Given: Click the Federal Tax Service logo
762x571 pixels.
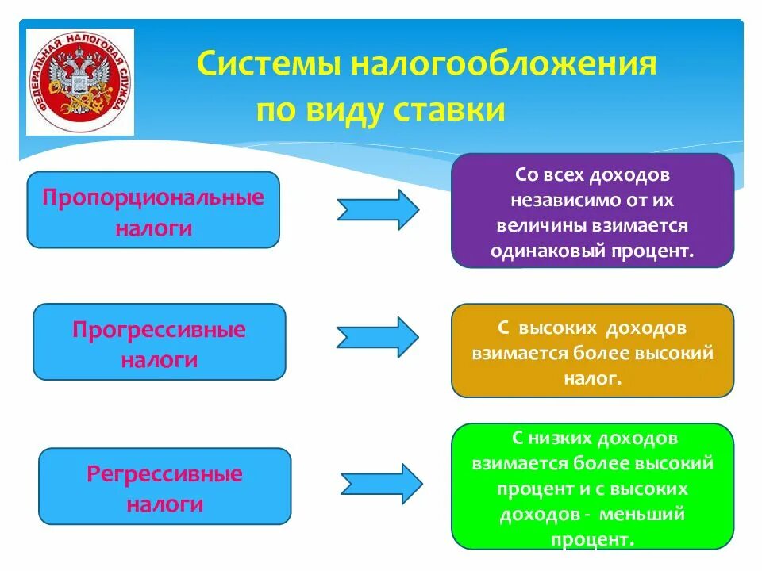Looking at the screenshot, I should tap(80, 82).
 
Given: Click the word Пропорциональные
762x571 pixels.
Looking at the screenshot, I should tap(153, 197).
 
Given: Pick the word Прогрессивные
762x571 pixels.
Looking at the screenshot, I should tap(159, 330).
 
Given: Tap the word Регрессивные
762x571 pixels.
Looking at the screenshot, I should tap(164, 475).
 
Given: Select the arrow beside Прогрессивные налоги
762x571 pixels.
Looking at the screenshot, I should tap(377, 336).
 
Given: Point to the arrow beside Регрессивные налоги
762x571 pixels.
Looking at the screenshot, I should tap(382, 483).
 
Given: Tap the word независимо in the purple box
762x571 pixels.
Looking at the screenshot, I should tap(550, 200).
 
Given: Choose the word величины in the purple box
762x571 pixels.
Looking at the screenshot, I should tap(541, 226).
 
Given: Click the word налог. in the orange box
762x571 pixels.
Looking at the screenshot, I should tap(591, 379).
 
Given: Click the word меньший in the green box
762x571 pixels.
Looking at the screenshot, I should tap(641, 514).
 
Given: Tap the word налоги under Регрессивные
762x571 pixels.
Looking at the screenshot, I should tap(164, 504).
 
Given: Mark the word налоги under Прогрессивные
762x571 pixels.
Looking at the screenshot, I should tap(159, 359).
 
